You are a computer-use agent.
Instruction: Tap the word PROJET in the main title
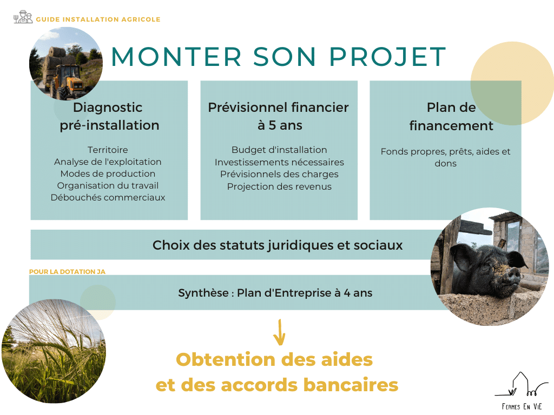388,56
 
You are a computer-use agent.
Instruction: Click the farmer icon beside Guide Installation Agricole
23,17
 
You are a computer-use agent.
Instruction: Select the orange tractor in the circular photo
67,82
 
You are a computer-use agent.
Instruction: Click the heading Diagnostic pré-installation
109,116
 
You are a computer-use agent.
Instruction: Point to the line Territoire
108,150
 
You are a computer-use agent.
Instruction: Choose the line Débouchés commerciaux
108,197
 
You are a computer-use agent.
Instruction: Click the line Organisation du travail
108,185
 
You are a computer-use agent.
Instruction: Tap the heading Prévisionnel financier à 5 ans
279,116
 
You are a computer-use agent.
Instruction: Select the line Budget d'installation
279,150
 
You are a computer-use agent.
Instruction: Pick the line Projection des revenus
279,186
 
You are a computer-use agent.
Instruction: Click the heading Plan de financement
451,117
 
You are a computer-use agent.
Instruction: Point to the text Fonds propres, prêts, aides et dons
446,157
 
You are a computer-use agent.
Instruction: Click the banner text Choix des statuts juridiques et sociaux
278,245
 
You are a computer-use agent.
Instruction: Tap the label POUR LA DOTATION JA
67,272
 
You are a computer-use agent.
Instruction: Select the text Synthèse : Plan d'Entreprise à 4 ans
275,293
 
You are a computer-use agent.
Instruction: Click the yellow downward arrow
279,332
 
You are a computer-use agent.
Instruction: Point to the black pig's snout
513,274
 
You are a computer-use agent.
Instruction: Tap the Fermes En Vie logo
522,391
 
